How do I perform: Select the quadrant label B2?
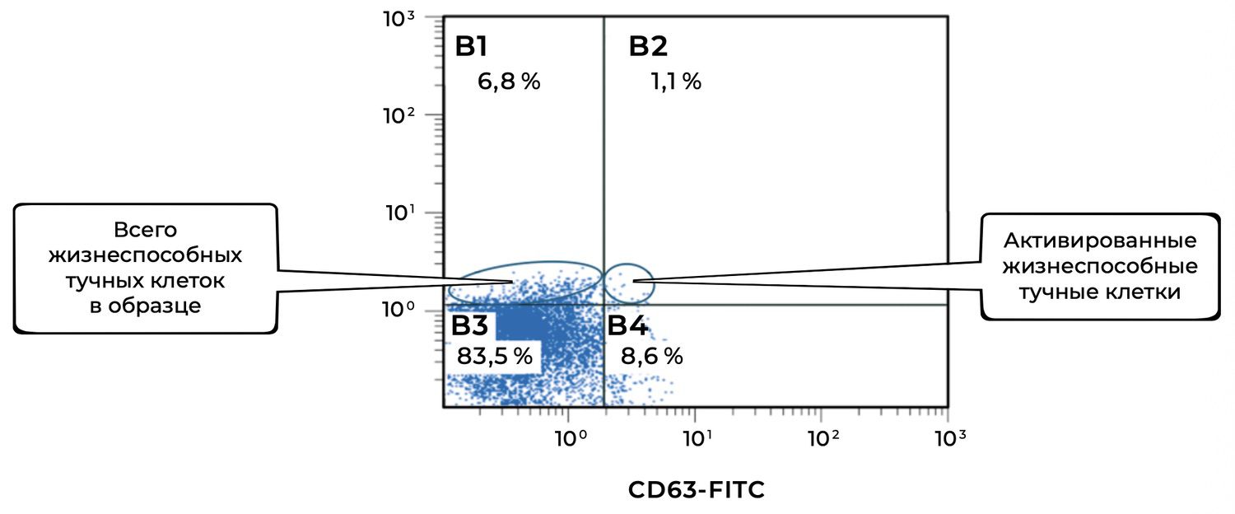pyautogui.click(x=648, y=47)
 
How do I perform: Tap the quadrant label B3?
pyautogui.click(x=469, y=325)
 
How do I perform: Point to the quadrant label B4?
pyautogui.click(x=627, y=325)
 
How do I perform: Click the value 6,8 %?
pyautogui.click(x=509, y=82)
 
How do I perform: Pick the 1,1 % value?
pyautogui.click(x=675, y=82)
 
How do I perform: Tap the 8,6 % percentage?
pyautogui.click(x=651, y=357)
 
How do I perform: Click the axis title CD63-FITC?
pyautogui.click(x=697, y=490)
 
